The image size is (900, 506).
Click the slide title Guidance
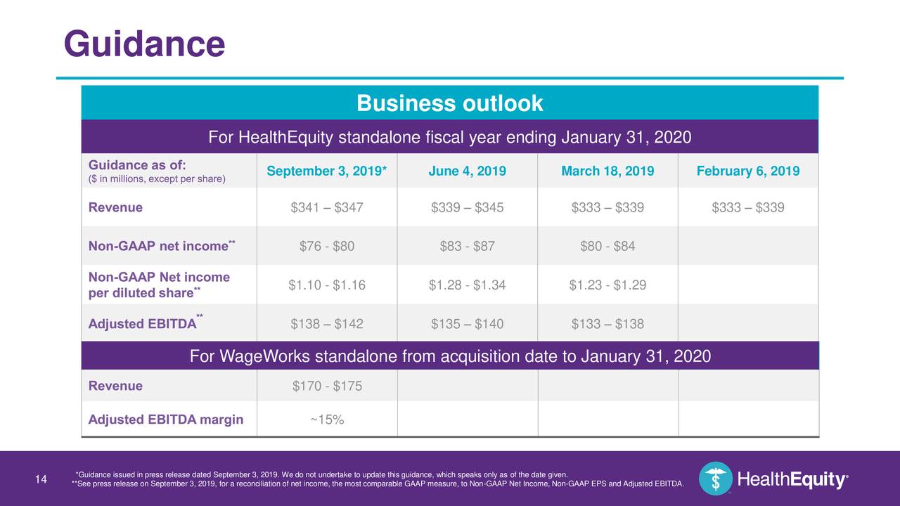(144, 44)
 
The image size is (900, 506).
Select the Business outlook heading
(449, 103)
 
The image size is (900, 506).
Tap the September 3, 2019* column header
(327, 171)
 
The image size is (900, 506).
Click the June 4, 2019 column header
(467, 171)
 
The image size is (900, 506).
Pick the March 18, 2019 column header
(607, 171)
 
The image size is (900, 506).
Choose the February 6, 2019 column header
(748, 171)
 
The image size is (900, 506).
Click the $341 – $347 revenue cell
(327, 207)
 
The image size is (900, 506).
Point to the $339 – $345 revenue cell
(467, 207)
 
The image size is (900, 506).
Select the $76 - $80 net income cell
(327, 246)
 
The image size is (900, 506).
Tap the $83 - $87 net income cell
(467, 246)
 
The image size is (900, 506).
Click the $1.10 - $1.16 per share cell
(327, 285)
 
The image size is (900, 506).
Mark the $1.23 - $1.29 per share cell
(607, 285)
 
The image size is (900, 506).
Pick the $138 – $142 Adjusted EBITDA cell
(327, 324)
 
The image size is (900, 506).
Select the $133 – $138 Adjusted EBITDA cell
(607, 324)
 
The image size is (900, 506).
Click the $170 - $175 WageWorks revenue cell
(327, 386)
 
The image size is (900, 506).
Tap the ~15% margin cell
(327, 420)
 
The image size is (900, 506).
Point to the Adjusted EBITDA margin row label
(166, 420)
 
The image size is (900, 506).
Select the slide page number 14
(41, 480)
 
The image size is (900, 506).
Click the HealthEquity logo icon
(716, 479)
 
